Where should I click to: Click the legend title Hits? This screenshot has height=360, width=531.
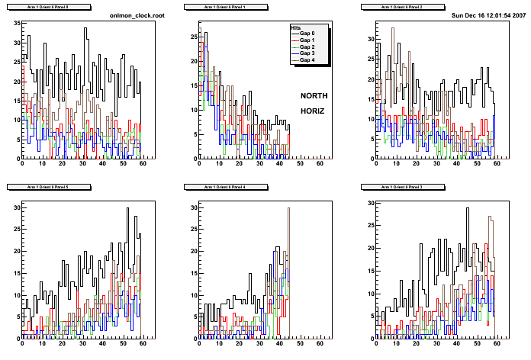tap(297, 28)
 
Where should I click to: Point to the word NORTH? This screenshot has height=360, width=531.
tap(314, 96)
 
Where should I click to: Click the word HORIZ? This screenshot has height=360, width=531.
tap(312, 111)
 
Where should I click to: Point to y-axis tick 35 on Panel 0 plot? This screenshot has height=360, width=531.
tap(15, 22)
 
